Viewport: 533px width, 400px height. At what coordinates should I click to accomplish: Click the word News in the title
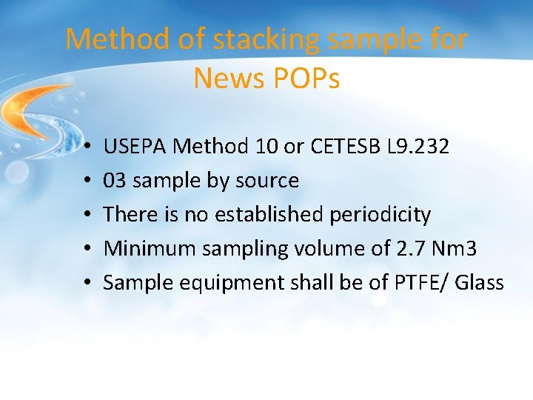[x=227, y=78]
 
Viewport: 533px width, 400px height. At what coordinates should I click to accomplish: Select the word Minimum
[x=144, y=249]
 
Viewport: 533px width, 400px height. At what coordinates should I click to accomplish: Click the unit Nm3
[x=459, y=249]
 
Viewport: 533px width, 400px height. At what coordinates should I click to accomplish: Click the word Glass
[x=477, y=283]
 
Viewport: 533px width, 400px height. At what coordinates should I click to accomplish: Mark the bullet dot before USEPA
[x=87, y=147]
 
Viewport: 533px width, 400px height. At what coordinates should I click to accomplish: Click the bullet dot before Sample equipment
[x=87, y=284]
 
